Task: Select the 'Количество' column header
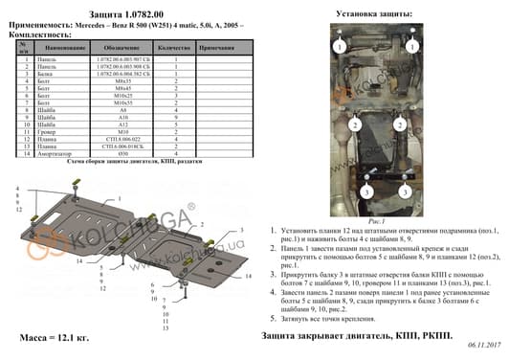(177, 46)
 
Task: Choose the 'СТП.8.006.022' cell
(119, 140)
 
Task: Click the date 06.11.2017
(484, 351)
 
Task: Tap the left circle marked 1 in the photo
(337, 46)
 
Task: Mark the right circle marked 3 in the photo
(417, 193)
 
